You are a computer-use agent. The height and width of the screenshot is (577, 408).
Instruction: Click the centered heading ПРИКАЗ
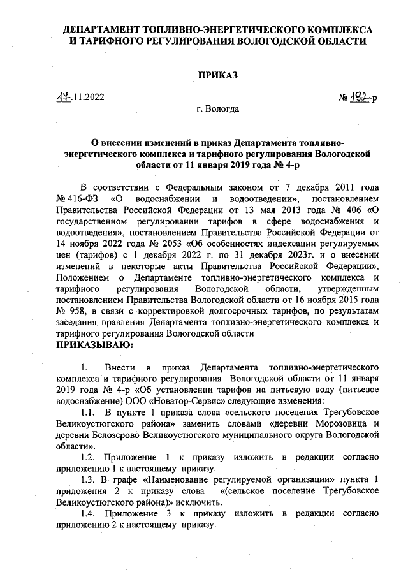pos(217,76)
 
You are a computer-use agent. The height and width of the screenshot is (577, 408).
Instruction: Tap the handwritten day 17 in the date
pos(61,98)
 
